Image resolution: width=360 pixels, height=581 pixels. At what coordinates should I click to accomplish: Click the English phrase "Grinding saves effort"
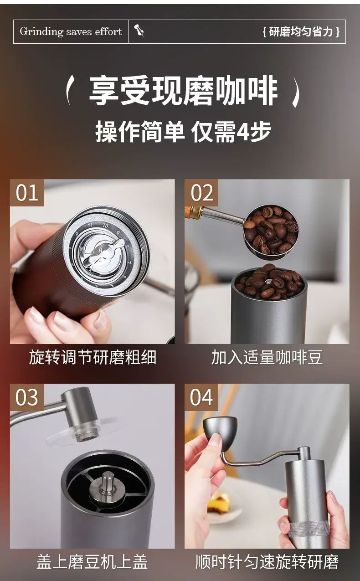71,31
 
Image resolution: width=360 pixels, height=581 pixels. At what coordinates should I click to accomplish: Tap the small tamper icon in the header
139,31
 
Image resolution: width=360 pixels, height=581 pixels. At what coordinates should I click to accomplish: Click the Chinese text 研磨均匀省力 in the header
301,32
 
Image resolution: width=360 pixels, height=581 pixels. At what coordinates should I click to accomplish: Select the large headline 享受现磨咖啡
183,90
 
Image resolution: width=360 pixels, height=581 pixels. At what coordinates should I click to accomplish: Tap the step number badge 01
27,192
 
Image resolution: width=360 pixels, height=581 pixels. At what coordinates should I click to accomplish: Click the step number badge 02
201,192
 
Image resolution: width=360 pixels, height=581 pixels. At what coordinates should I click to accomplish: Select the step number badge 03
27,397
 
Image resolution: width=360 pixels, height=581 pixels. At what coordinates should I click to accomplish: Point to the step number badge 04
201,397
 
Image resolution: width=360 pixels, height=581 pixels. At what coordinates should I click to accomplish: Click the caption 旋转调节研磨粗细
93,357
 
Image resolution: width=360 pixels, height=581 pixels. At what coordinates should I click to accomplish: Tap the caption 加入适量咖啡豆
267,357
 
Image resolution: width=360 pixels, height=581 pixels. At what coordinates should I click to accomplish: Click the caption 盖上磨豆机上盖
93,562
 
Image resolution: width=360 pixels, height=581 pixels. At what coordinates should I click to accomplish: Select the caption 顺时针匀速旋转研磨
267,562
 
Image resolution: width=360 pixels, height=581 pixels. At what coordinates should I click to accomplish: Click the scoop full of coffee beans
271,231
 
